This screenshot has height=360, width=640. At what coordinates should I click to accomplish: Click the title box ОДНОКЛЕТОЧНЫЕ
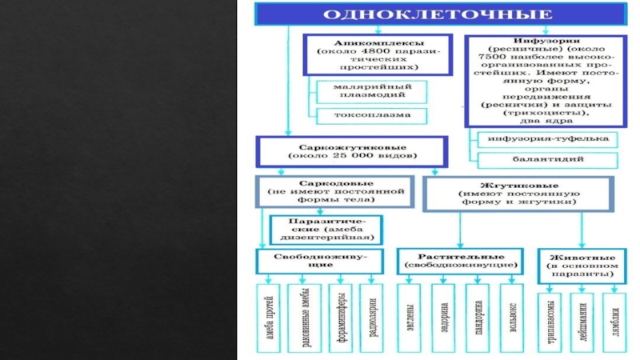coord(439,15)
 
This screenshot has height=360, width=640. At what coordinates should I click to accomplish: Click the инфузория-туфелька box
coord(547,138)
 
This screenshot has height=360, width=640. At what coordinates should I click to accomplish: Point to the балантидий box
coord(547,159)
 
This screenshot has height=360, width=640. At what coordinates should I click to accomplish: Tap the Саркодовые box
coord(335,191)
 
